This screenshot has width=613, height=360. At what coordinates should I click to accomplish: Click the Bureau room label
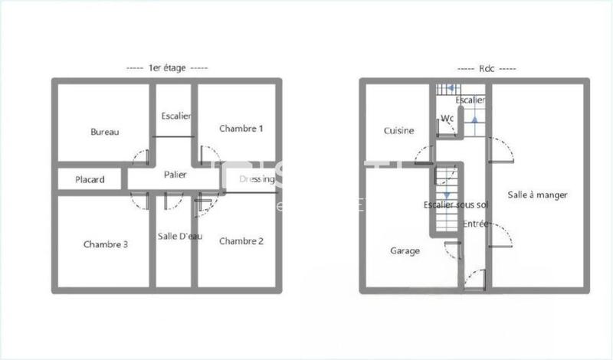click(105, 132)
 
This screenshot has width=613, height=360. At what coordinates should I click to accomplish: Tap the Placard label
click(90, 180)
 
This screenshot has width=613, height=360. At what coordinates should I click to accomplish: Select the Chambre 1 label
click(241, 128)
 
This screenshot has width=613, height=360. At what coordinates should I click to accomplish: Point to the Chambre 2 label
click(241, 241)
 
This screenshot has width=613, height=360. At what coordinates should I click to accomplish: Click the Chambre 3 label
click(106, 244)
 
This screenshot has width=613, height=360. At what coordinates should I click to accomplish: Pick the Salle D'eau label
click(180, 236)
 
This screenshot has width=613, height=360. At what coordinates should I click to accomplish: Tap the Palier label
click(175, 175)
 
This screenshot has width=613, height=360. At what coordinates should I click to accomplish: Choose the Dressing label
click(257, 180)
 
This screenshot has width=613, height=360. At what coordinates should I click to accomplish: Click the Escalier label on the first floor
click(176, 116)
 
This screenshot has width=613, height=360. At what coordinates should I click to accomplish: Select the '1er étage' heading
click(167, 67)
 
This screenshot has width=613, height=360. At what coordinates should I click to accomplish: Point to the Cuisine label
click(399, 130)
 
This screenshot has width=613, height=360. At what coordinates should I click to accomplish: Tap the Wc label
click(447, 118)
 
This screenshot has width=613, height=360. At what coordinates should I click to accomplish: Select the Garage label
click(405, 250)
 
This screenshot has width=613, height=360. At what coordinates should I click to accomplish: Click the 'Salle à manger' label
click(537, 195)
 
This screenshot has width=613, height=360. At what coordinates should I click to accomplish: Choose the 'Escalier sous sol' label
click(455, 205)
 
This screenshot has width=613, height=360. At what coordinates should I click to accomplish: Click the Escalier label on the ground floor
click(470, 100)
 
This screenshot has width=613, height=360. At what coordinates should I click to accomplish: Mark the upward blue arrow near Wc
click(475, 119)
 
